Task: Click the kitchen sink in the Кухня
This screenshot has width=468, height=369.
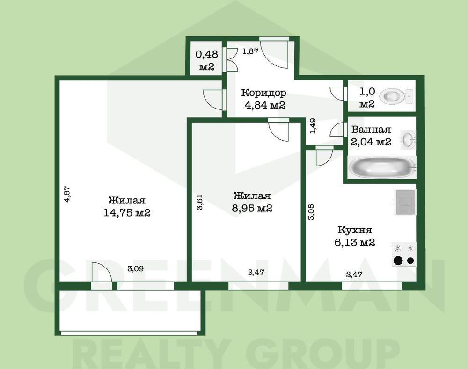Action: pyautogui.click(x=405, y=202)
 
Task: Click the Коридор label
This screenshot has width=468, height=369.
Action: pyautogui.click(x=263, y=93)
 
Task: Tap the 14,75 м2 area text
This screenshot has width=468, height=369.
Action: pyautogui.click(x=127, y=213)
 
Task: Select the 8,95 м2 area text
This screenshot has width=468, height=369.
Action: pyautogui.click(x=252, y=208)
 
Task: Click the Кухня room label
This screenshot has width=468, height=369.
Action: pyautogui.click(x=355, y=230)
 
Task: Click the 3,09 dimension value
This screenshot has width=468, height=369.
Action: pyautogui.click(x=136, y=269)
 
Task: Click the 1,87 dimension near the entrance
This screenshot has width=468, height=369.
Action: pyautogui.click(x=250, y=51)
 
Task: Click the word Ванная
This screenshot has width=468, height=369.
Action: pyautogui.click(x=371, y=130)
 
